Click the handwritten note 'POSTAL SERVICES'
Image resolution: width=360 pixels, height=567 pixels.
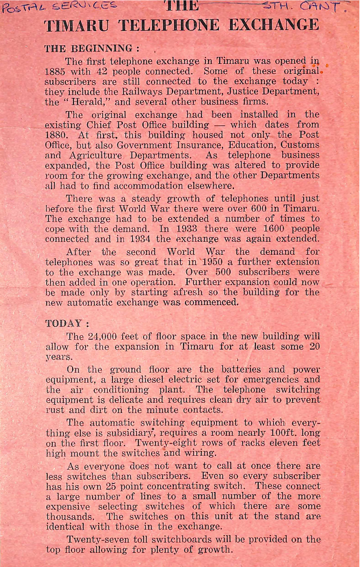(x=59, y=6)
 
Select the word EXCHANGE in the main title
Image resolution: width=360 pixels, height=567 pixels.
(x=274, y=25)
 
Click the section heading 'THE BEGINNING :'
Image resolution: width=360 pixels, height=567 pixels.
(x=92, y=49)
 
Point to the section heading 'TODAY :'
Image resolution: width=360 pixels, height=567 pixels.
(x=67, y=323)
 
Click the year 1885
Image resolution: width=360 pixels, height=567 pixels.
(x=55, y=71)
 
